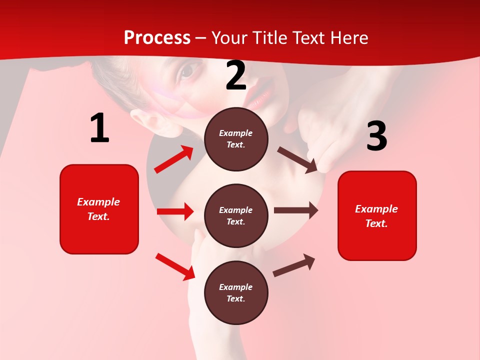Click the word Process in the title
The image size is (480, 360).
(x=157, y=38)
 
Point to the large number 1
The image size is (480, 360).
(x=99, y=128)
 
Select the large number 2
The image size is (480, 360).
(x=236, y=76)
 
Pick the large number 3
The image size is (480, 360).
(x=376, y=136)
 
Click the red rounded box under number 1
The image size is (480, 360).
(x=99, y=209)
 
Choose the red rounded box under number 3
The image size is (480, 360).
(x=377, y=216)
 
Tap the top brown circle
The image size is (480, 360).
(x=236, y=139)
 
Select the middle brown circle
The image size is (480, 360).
(x=236, y=216)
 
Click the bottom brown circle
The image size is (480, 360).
(x=236, y=293)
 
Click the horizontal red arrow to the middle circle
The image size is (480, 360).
(x=175, y=211)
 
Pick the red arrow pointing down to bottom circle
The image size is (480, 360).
(x=175, y=266)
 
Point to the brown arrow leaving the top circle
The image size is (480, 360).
(x=297, y=159)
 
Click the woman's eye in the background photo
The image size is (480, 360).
(x=186, y=72)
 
